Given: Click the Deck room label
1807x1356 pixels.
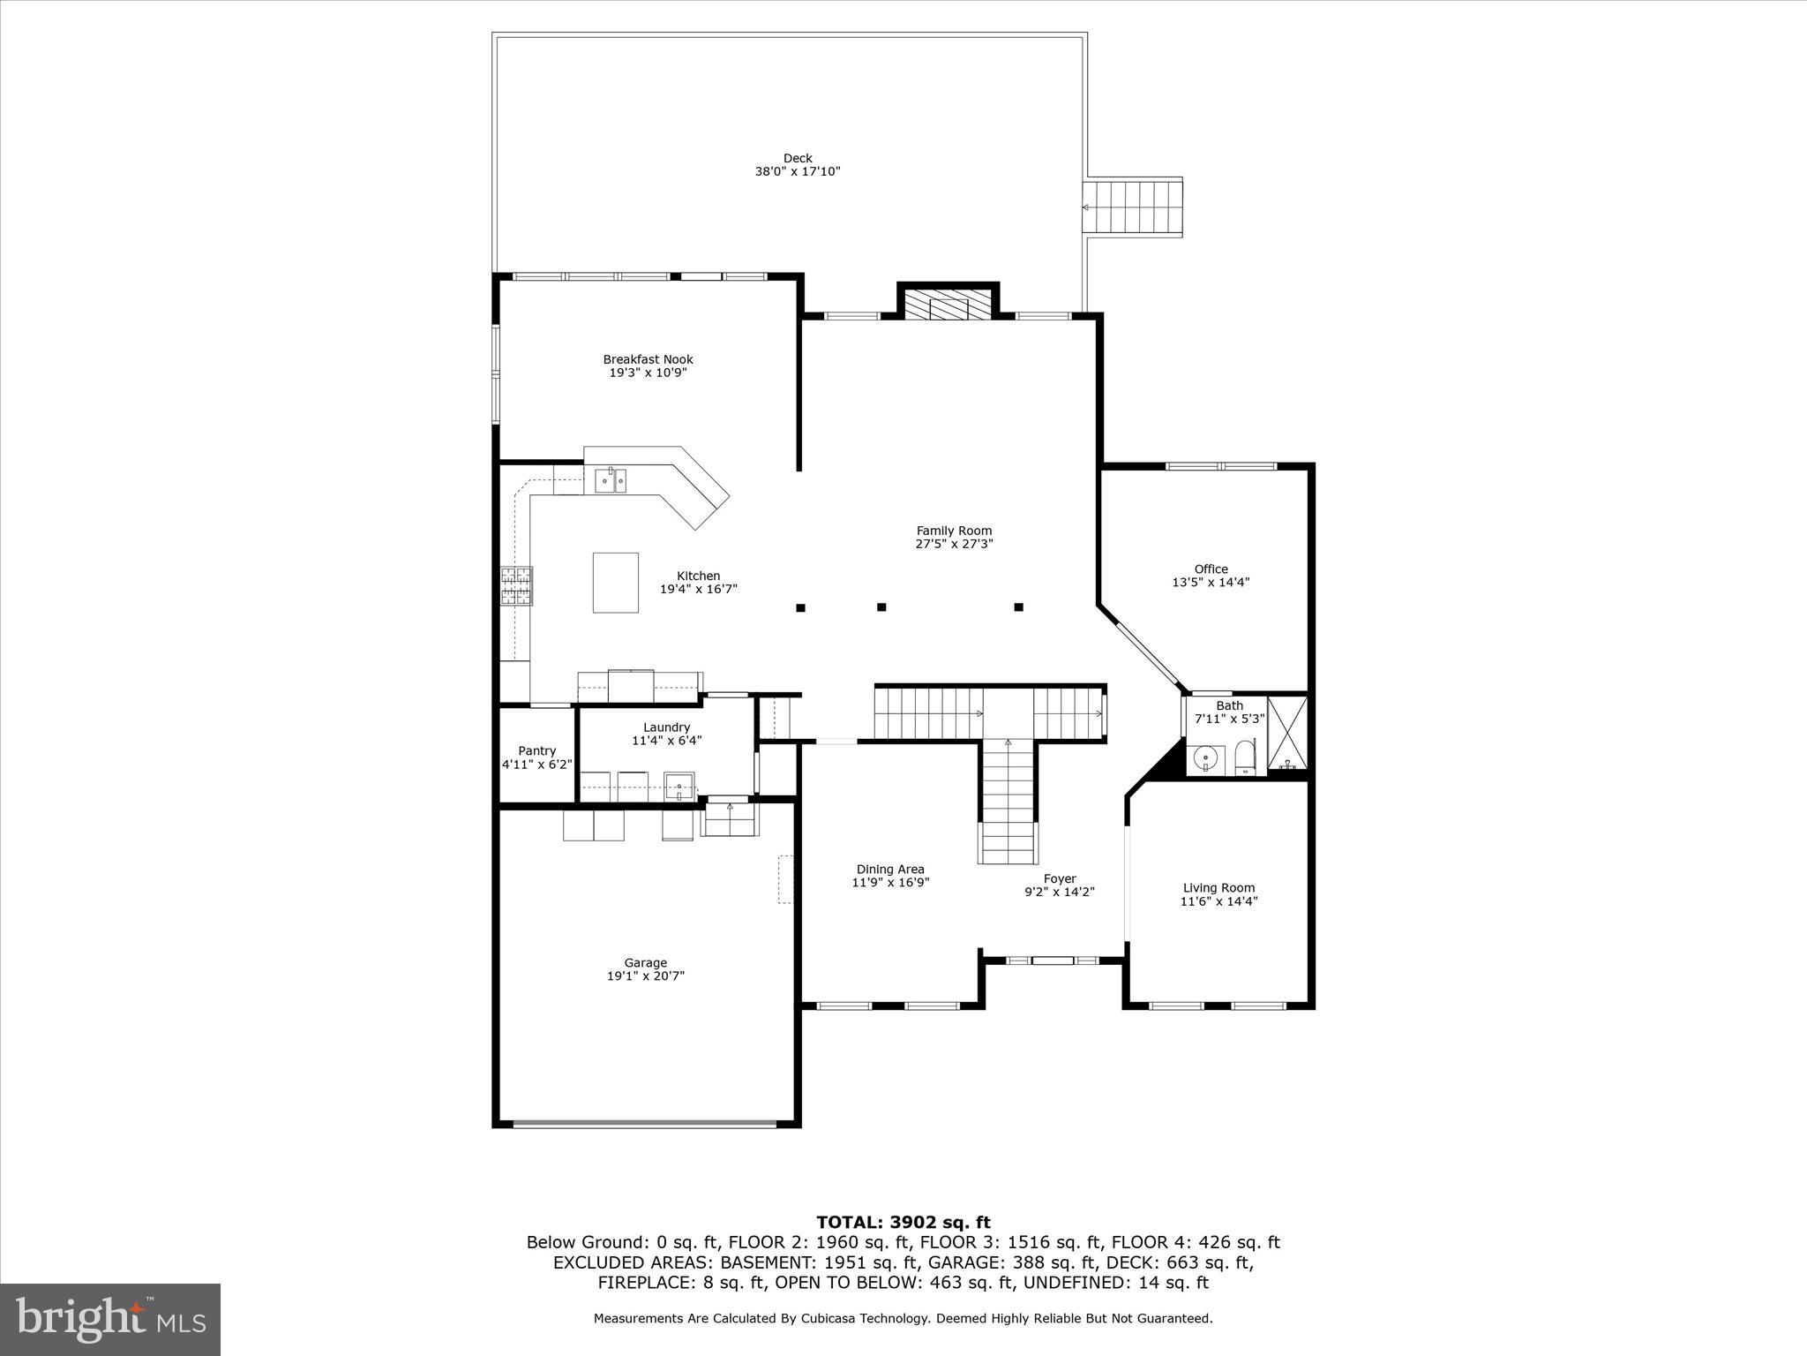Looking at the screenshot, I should coord(797,159).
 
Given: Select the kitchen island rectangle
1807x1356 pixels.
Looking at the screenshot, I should coord(615,583).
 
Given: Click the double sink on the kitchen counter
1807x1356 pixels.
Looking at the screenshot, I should coord(610,480).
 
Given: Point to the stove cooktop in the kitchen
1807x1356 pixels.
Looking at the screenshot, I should coord(517,586).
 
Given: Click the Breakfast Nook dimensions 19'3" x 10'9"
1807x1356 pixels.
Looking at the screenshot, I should coord(648,373).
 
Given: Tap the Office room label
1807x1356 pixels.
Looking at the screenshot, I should coord(1211,569).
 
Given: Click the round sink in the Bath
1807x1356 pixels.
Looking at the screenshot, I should coord(1205,758).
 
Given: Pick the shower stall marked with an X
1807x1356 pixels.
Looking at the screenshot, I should coord(1287,733).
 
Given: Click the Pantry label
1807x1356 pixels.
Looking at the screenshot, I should coord(536,750).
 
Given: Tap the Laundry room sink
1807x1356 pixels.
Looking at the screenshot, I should coord(679,785).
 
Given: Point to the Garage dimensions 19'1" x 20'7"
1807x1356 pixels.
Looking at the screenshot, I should coord(645,976).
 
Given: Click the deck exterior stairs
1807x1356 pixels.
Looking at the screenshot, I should coord(1133,207).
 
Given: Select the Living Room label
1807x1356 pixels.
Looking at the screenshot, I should coord(1218,888).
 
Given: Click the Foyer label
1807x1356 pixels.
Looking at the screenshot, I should coord(1059,878).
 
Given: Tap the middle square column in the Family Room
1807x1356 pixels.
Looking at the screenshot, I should coord(881,607).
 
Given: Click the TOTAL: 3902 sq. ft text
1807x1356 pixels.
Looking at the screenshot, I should coord(903,1223).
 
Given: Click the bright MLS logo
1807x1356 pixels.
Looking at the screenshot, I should coord(110,1319).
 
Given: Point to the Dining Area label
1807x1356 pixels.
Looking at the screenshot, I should coord(889,870).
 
